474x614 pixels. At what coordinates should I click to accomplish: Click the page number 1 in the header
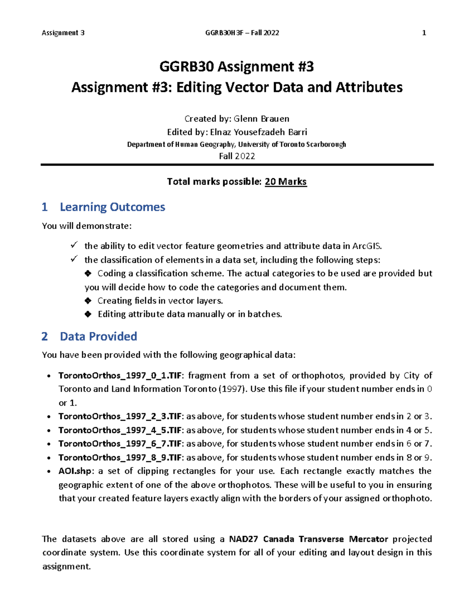[424, 33]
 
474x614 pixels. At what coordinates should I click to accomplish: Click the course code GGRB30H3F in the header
[224, 33]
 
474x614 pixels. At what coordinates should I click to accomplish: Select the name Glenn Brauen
[261, 119]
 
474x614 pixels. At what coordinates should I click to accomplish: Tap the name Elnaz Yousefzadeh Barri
[258, 132]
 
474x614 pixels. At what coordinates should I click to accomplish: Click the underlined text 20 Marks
[286, 181]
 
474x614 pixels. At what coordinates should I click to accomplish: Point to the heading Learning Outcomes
[112, 207]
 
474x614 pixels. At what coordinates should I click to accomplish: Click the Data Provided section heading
[98, 336]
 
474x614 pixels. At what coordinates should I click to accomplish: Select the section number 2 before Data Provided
[45, 336]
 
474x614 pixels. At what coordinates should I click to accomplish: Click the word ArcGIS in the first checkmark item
[367, 246]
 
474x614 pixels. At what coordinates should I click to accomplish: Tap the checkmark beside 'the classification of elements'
[74, 259]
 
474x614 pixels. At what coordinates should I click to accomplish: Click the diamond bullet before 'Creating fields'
[88, 301]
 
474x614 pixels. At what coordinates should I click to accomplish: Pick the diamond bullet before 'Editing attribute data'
[88, 314]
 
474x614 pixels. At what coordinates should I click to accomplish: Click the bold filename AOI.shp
[75, 471]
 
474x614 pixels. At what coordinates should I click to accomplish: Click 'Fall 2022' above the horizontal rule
[237, 156]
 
